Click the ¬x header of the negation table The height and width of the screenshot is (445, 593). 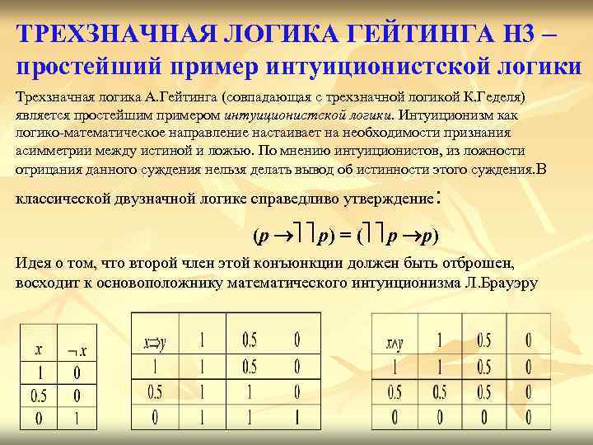[77, 351]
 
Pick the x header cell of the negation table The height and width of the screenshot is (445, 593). [39, 351]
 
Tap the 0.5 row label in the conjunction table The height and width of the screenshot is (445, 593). [397, 391]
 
